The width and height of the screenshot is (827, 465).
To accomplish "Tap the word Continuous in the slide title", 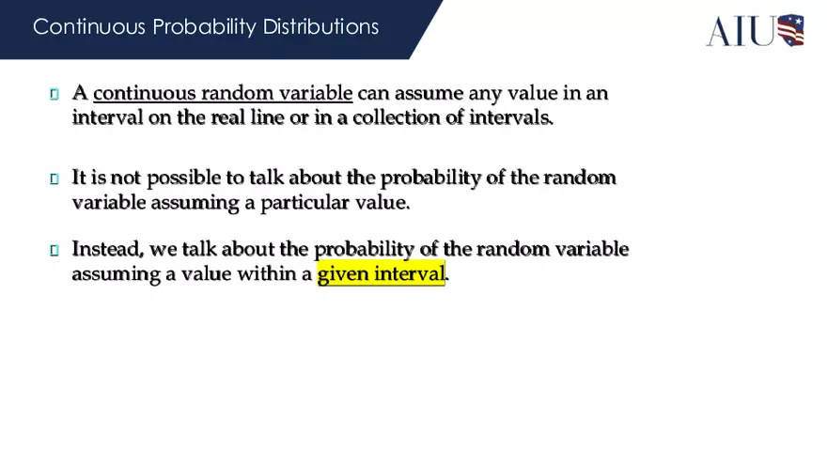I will point(79,26).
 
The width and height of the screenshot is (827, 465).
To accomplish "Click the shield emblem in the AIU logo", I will point(789,30).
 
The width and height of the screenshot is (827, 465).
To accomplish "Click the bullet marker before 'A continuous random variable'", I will point(55,94).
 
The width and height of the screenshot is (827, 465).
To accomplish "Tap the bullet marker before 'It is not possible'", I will point(55,178).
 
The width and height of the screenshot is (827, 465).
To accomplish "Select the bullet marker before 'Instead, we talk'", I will point(55,250).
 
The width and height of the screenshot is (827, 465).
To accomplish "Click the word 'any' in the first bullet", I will point(486,93).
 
